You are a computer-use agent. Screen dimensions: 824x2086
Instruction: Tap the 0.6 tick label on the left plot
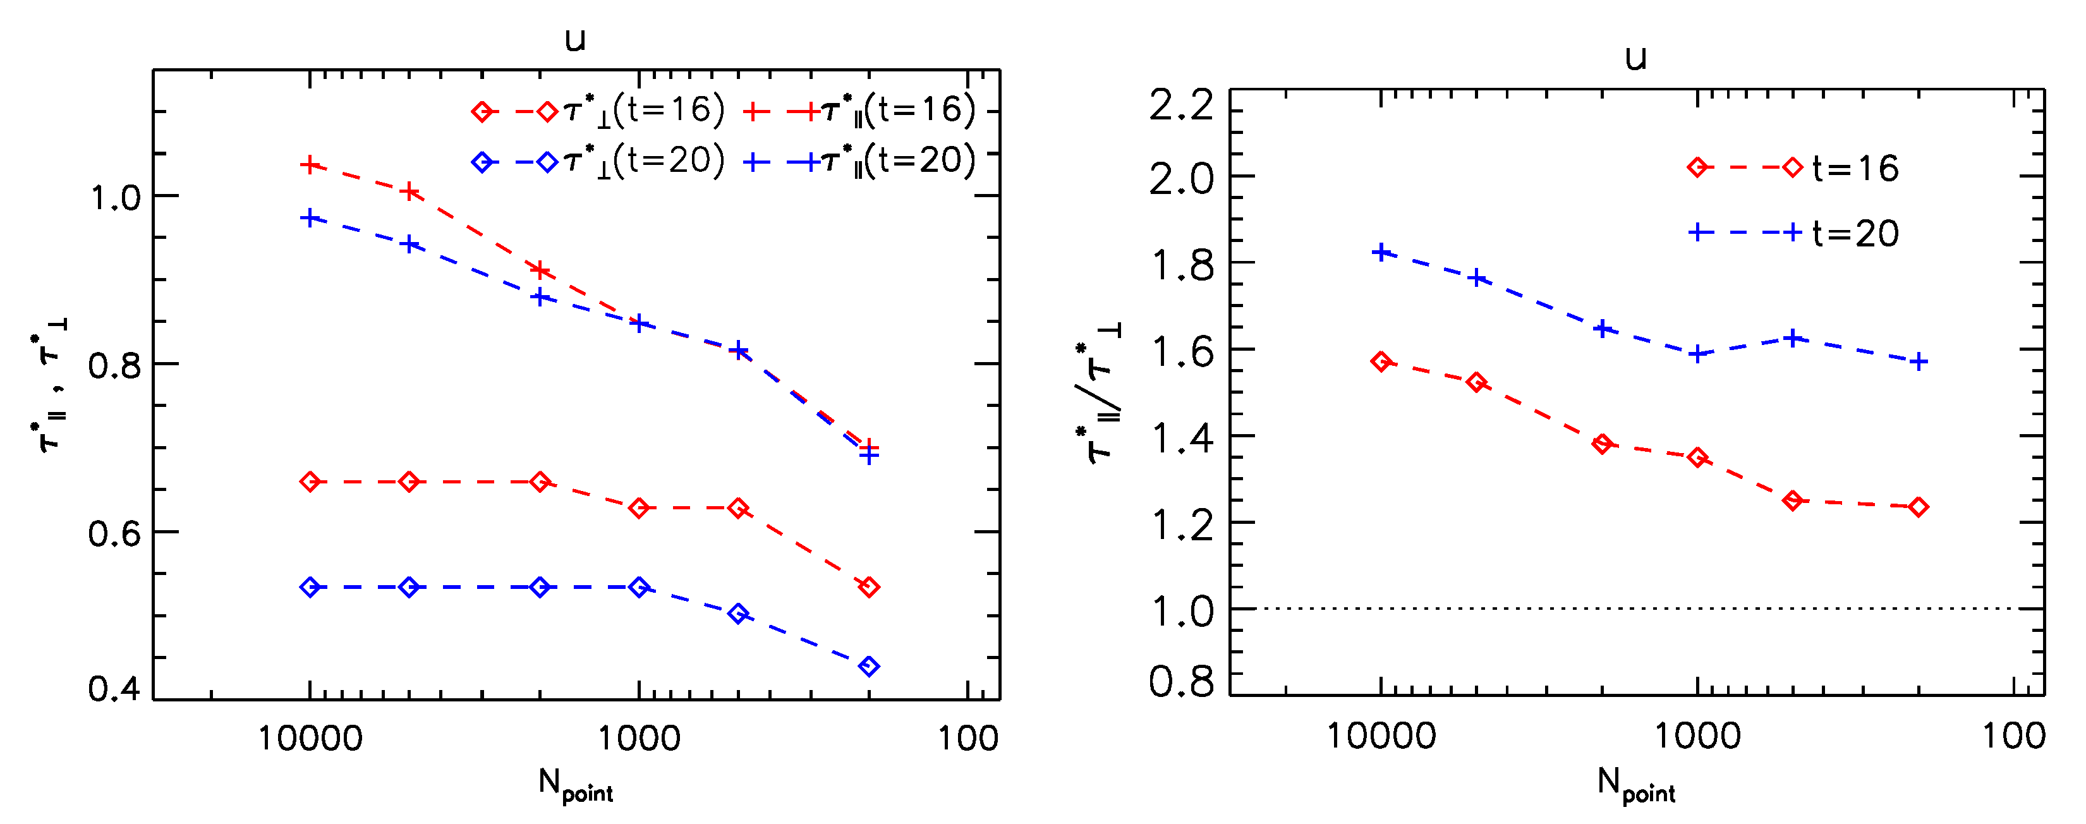(114, 534)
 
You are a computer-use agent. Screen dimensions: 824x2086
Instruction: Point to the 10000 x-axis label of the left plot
(310, 738)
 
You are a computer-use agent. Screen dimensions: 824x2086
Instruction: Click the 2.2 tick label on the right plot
(1182, 106)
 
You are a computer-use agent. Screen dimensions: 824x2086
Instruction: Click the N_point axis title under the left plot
(575, 785)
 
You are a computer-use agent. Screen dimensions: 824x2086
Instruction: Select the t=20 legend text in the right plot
(1855, 234)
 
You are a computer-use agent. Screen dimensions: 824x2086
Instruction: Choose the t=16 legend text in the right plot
(1855, 168)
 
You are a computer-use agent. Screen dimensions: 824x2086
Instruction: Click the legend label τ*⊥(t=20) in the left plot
(644, 161)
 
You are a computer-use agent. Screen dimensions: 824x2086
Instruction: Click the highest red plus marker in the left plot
(310, 165)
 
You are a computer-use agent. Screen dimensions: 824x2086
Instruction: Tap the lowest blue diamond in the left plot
(869, 666)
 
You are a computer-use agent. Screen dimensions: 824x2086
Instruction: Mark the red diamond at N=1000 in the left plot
(639, 508)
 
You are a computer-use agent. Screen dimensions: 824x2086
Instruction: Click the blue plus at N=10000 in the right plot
(1381, 253)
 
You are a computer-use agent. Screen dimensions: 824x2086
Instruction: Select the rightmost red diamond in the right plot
(1917, 507)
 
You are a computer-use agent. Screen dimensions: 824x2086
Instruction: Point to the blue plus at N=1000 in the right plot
(1697, 354)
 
